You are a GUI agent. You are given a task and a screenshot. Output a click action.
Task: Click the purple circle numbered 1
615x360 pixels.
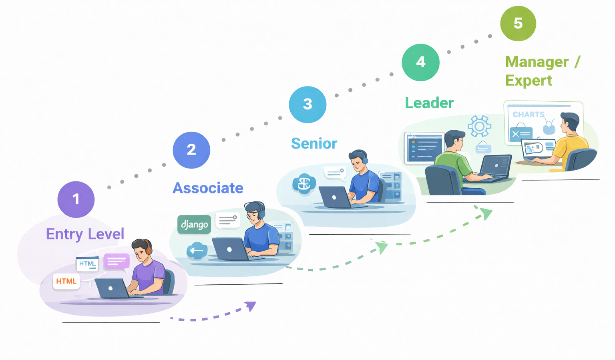coord(76,199)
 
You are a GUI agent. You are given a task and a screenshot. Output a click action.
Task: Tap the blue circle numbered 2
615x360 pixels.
coord(191,150)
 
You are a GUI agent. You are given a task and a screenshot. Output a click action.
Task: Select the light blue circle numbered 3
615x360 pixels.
coord(307,104)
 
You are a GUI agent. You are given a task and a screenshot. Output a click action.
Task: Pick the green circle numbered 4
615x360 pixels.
coord(420,62)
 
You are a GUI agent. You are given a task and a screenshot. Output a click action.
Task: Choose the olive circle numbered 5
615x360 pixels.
coord(518,23)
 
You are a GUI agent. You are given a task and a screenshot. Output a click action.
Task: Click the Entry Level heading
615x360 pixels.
coord(85,234)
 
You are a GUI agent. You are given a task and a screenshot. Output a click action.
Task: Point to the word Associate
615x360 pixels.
coord(208,188)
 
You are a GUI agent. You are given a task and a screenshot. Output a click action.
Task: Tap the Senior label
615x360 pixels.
coord(314,143)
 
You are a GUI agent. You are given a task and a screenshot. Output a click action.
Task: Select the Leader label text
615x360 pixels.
coord(429,103)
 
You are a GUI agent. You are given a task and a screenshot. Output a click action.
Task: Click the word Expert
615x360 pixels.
coord(529,80)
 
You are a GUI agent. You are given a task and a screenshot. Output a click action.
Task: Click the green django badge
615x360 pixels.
coord(194,224)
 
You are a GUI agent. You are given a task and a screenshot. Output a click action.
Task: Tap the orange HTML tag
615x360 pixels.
coord(66,281)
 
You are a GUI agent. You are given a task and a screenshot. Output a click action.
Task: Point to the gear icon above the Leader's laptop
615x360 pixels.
coord(479,127)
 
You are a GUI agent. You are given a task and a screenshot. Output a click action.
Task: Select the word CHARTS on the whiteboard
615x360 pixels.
coord(529,115)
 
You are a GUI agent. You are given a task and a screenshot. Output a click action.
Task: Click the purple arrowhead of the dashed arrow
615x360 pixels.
coord(251,306)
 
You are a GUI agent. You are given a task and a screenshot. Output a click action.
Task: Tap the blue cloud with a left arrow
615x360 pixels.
coord(197,251)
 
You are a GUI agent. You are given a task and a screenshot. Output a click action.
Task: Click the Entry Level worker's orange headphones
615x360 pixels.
coord(149,249)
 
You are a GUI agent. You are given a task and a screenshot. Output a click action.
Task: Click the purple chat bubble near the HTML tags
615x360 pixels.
coord(117,261)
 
